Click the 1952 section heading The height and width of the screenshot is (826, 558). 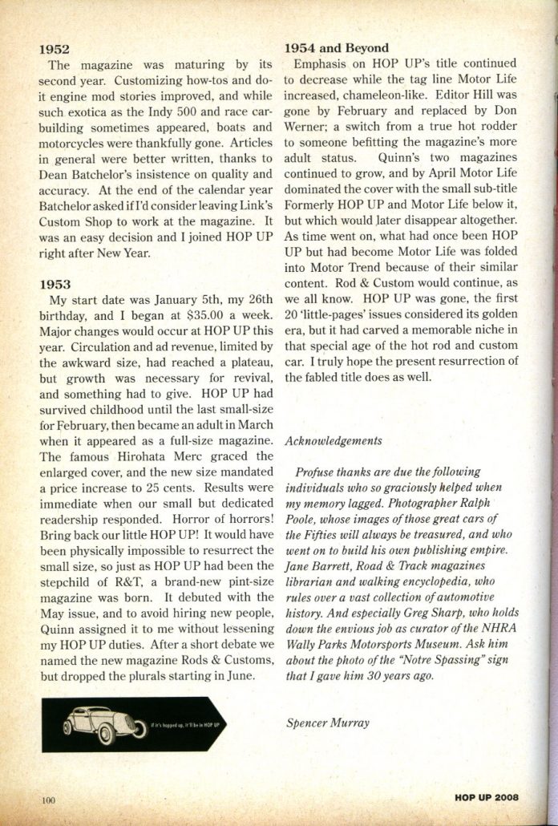(x=55, y=50)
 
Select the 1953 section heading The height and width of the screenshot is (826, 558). (x=55, y=285)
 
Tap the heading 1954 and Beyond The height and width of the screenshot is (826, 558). (x=337, y=47)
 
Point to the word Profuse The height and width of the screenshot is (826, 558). (x=315, y=472)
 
